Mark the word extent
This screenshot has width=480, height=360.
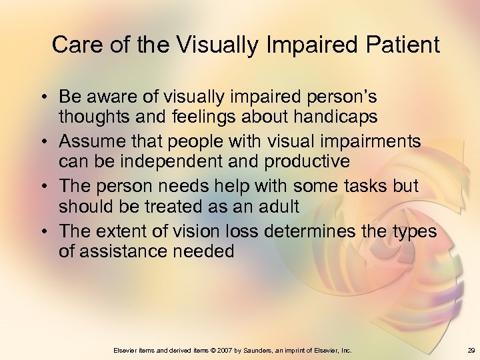[x=122, y=231]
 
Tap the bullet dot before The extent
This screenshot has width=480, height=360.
[x=43, y=232]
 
